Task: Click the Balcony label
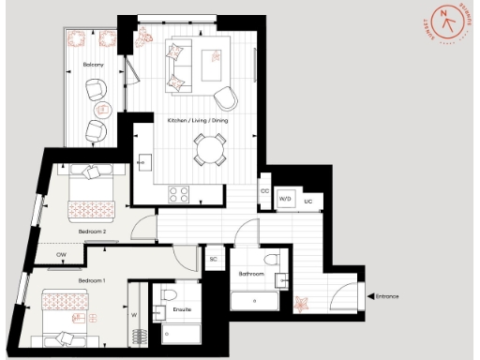click(90, 65)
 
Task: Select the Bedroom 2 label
click(91, 231)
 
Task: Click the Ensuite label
click(184, 307)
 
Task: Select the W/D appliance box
click(286, 200)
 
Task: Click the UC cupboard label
click(307, 200)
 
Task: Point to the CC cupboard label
click(265, 190)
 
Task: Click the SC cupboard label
click(214, 259)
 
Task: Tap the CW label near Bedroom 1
click(61, 254)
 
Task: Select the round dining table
click(211, 147)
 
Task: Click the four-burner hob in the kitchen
click(178, 194)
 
